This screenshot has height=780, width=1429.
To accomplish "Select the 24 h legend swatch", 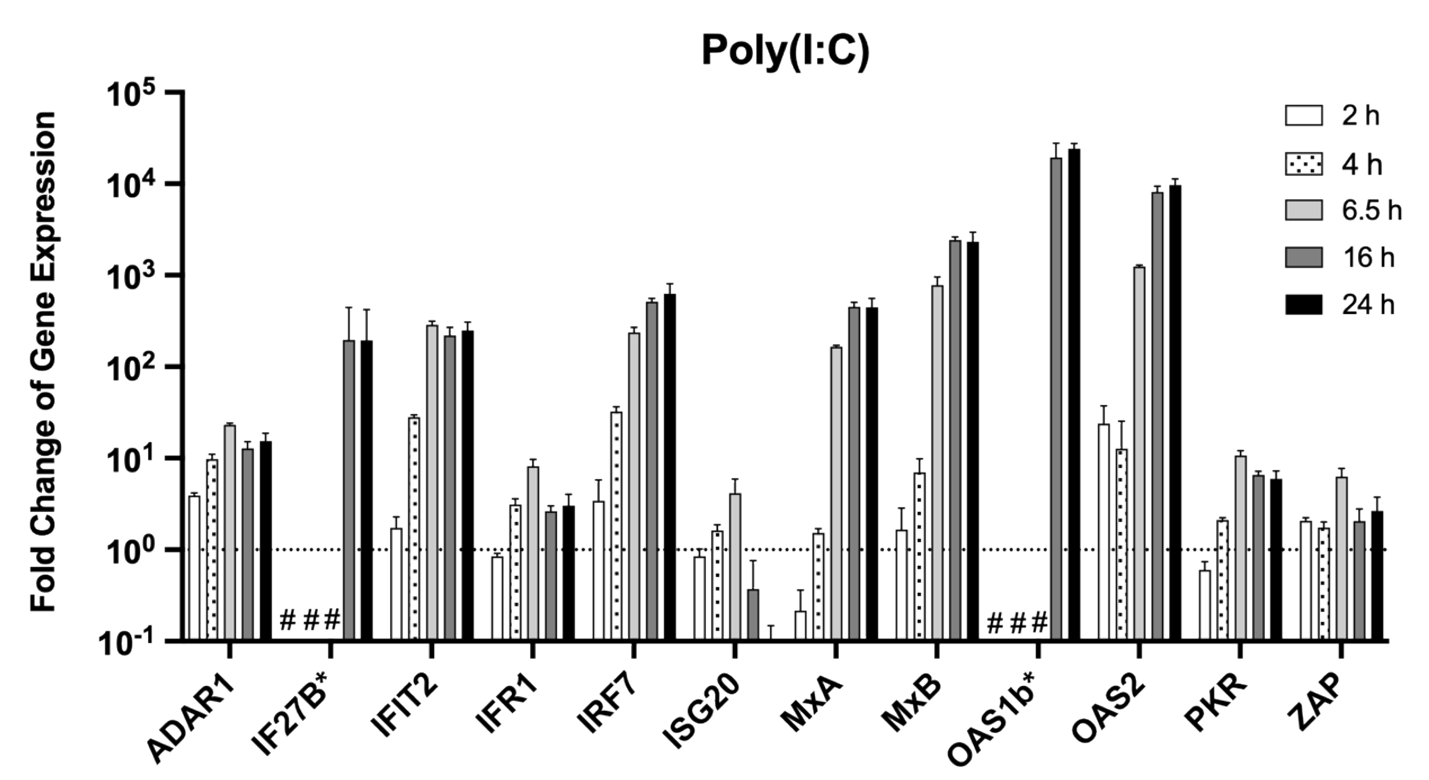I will pyautogui.click(x=1304, y=305).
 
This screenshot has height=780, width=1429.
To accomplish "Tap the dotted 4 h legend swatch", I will pyautogui.click(x=1304, y=164).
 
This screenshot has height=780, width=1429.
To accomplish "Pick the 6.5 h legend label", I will pyautogui.click(x=1371, y=211).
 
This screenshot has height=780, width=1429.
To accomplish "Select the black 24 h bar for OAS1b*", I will pyautogui.click(x=1074, y=394).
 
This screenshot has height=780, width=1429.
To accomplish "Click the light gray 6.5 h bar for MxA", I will pyautogui.click(x=836, y=493).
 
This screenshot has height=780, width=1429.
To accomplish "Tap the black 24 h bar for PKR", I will pyautogui.click(x=1276, y=560).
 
